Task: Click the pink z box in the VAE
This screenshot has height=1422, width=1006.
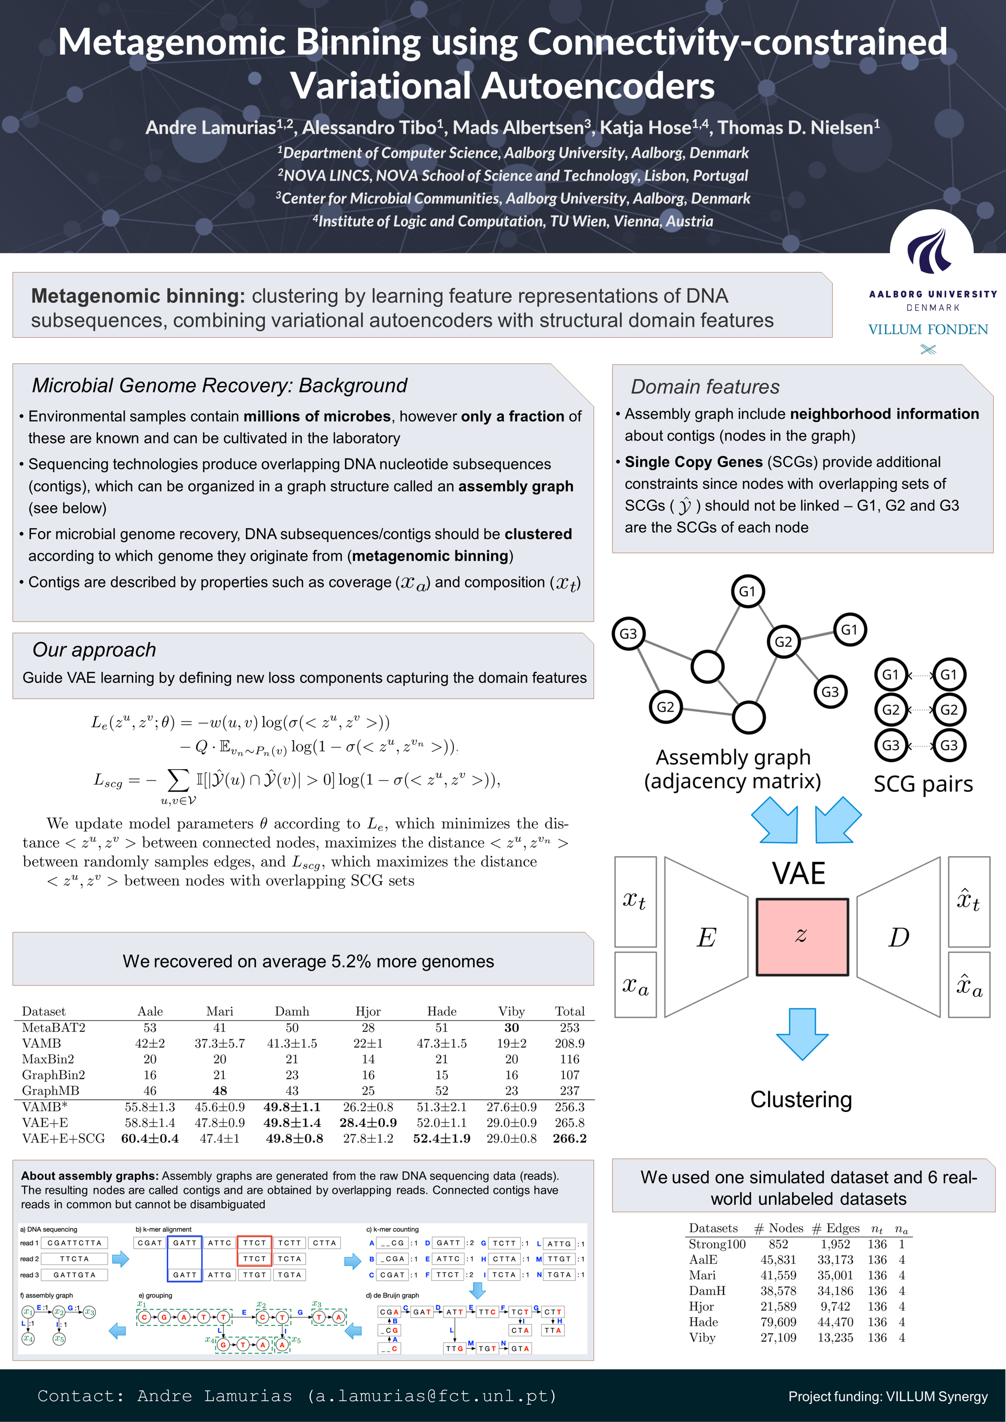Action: click(x=802, y=937)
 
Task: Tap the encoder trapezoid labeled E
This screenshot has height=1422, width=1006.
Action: click(x=706, y=937)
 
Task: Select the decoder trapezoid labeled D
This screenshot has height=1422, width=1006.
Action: click(x=898, y=937)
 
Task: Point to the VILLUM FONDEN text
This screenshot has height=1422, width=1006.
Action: click(x=927, y=329)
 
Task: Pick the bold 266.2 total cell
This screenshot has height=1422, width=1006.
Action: click(x=569, y=1139)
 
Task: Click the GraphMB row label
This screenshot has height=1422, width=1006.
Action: click(x=50, y=1091)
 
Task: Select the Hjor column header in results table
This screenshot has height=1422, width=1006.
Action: click(x=368, y=1011)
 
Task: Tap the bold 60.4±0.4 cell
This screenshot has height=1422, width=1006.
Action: click(x=150, y=1139)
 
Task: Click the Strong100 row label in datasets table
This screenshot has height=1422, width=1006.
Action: click(x=717, y=1244)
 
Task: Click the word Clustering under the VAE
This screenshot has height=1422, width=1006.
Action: click(x=801, y=1099)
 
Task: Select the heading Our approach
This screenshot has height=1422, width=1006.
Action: click(x=94, y=650)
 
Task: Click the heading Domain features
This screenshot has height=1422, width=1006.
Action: click(x=705, y=387)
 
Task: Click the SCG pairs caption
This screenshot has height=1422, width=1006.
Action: click(x=923, y=784)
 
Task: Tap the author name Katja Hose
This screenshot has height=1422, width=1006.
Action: click(x=645, y=127)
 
